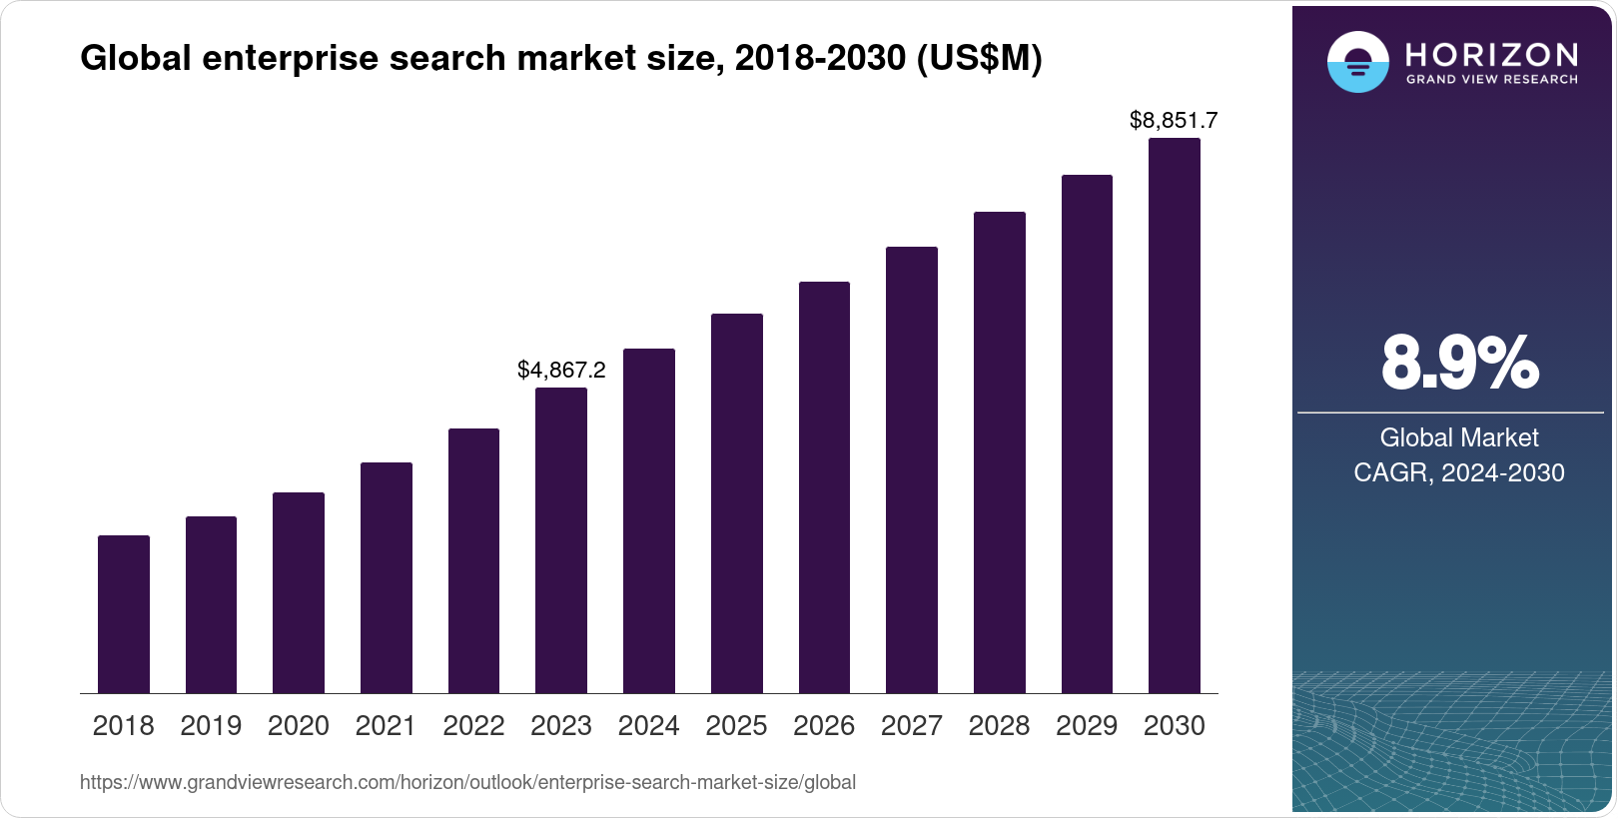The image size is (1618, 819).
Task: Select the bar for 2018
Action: point(124,614)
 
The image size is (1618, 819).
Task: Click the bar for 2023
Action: point(561,540)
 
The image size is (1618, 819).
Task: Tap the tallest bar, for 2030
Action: point(1175,415)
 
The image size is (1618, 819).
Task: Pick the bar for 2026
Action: point(824,487)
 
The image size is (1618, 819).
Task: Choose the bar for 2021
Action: point(387,577)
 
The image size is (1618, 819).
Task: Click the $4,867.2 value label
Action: point(561,370)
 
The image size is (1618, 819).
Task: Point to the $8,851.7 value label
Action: point(1174,121)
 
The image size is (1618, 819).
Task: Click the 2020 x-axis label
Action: point(299,726)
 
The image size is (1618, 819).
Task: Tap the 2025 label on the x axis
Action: point(736,726)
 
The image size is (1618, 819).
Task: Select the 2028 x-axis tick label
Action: point(999,726)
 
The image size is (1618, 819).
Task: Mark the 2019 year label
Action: point(211,726)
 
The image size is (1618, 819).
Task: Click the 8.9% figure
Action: point(1459,364)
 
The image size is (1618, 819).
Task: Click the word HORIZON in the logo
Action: point(1492,55)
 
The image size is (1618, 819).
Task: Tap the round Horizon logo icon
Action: point(1357,63)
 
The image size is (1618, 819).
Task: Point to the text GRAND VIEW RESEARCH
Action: point(1492,80)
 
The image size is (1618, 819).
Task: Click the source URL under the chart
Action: point(467,782)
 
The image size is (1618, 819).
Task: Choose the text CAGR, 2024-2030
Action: point(1459,472)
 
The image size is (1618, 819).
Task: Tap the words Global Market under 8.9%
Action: point(1459,437)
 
